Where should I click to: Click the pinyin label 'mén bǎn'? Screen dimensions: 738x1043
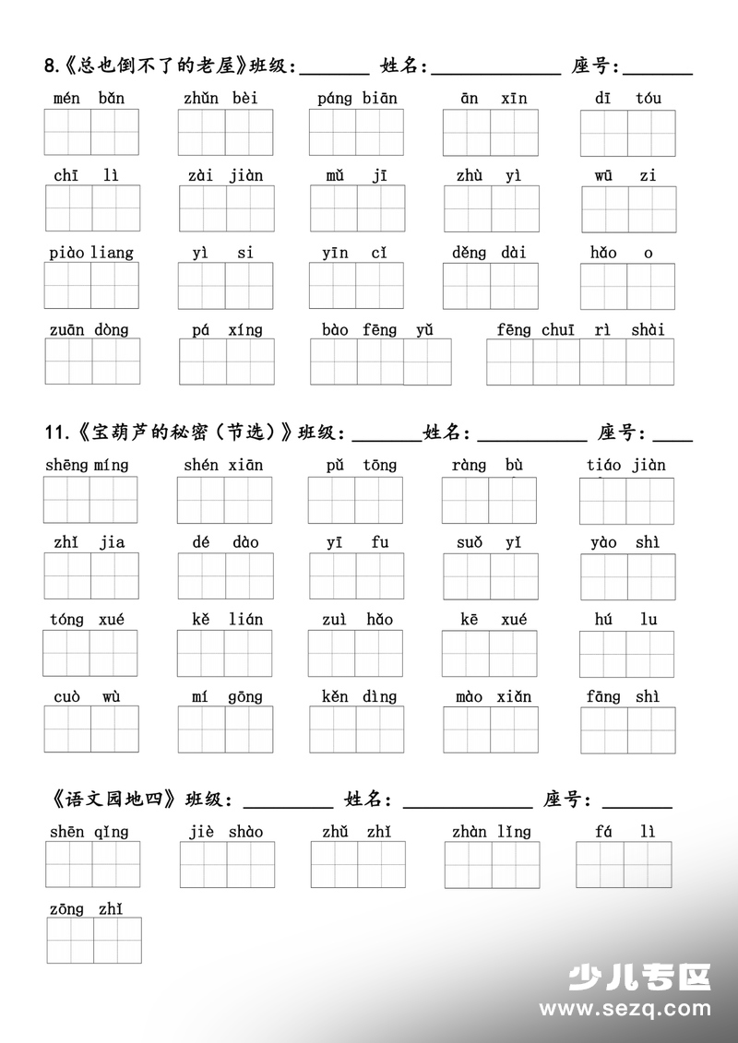coord(89,98)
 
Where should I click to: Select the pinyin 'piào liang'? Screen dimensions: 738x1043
coord(90,253)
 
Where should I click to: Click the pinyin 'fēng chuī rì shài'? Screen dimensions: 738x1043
coord(579,330)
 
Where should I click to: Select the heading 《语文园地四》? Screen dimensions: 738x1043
coord(113,799)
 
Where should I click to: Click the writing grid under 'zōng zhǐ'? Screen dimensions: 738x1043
coord(94,941)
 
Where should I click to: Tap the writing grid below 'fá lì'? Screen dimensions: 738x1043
coord(624,864)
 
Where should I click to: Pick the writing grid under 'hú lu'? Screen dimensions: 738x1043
coord(627,654)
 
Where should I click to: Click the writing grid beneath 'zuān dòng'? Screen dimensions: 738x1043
coord(92,361)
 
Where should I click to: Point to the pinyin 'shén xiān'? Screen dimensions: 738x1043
coord(223,465)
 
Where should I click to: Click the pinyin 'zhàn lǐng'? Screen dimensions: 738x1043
coord(491,832)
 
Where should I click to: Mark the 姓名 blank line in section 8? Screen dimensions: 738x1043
coord(495,71)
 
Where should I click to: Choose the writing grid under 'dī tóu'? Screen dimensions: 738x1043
coord(627,133)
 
